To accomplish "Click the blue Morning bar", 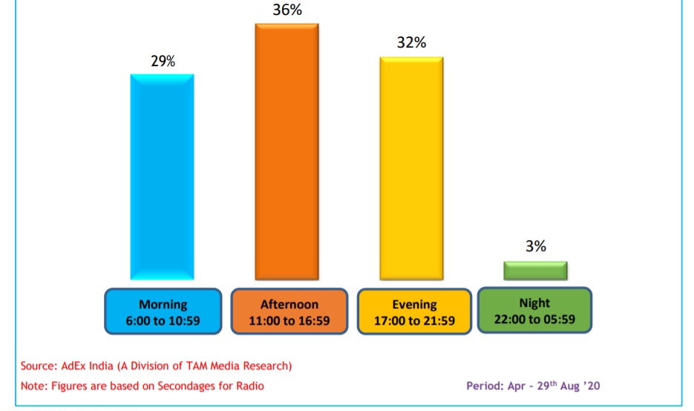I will click(162, 177).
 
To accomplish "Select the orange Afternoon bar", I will click(287, 152).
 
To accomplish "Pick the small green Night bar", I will click(535, 271).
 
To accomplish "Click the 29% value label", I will click(163, 62).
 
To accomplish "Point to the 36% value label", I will click(287, 11).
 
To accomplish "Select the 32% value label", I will click(412, 42).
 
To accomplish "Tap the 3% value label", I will click(535, 247).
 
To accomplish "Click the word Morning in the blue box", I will click(163, 305).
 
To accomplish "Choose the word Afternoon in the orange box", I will click(289, 305).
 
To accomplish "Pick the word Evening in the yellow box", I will click(414, 305).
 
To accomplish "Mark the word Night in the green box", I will click(534, 303).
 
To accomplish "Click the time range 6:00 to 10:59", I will click(163, 322).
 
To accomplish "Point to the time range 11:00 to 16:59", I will click(289, 322).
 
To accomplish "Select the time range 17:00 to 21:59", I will click(414, 322).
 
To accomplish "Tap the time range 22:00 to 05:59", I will click(534, 320).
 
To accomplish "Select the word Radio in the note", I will click(249, 386).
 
